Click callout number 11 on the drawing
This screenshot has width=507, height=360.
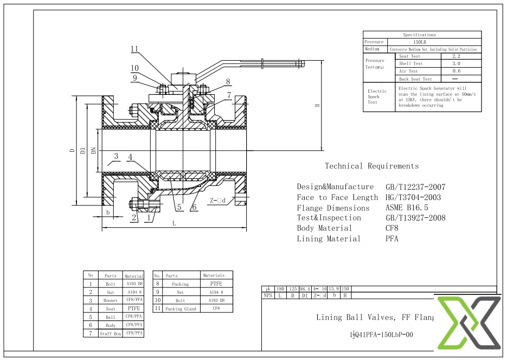[x=134, y=49]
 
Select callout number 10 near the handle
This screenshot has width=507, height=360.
[x=134, y=68]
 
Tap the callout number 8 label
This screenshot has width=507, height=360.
[x=228, y=82]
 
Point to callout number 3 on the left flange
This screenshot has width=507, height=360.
[x=115, y=157]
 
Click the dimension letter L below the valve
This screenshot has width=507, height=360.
[x=174, y=223]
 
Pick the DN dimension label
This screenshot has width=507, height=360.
[x=94, y=150]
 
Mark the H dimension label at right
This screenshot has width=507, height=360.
[x=316, y=106]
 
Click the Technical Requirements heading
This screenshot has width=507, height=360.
[x=371, y=166]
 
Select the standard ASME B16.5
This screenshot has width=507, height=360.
[x=407, y=208]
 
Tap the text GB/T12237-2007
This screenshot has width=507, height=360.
[x=415, y=187]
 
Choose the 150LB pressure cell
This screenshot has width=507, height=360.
[x=419, y=42]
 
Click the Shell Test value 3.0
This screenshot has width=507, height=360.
[x=456, y=63]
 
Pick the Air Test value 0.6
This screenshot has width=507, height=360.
[x=456, y=71]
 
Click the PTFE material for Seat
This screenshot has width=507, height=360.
[x=133, y=308]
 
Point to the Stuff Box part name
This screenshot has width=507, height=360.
[x=110, y=334]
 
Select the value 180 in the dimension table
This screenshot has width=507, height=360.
[x=280, y=289]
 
